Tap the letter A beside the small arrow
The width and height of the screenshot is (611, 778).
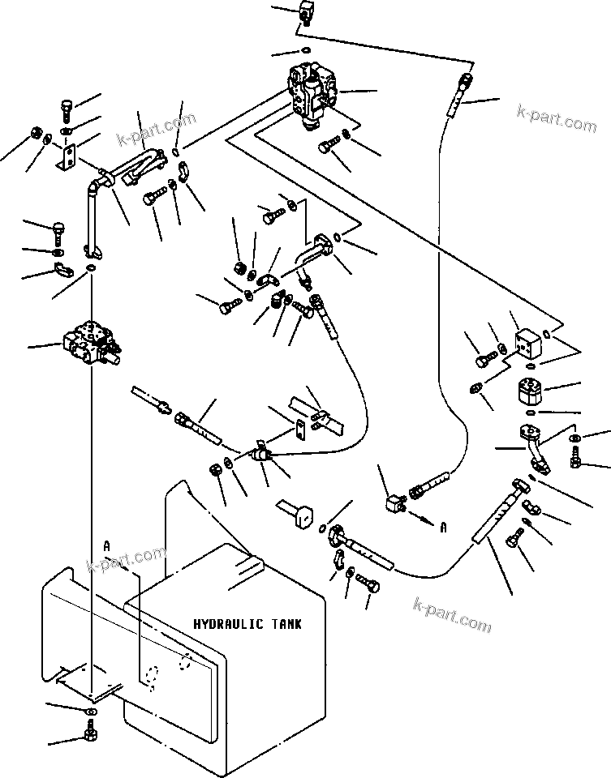tap(443, 527)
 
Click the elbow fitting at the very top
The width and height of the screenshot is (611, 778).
tap(307, 13)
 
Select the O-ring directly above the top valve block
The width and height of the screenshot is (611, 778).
tap(305, 50)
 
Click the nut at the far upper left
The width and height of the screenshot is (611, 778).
tap(35, 133)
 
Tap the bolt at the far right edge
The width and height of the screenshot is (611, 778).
tap(577, 462)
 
